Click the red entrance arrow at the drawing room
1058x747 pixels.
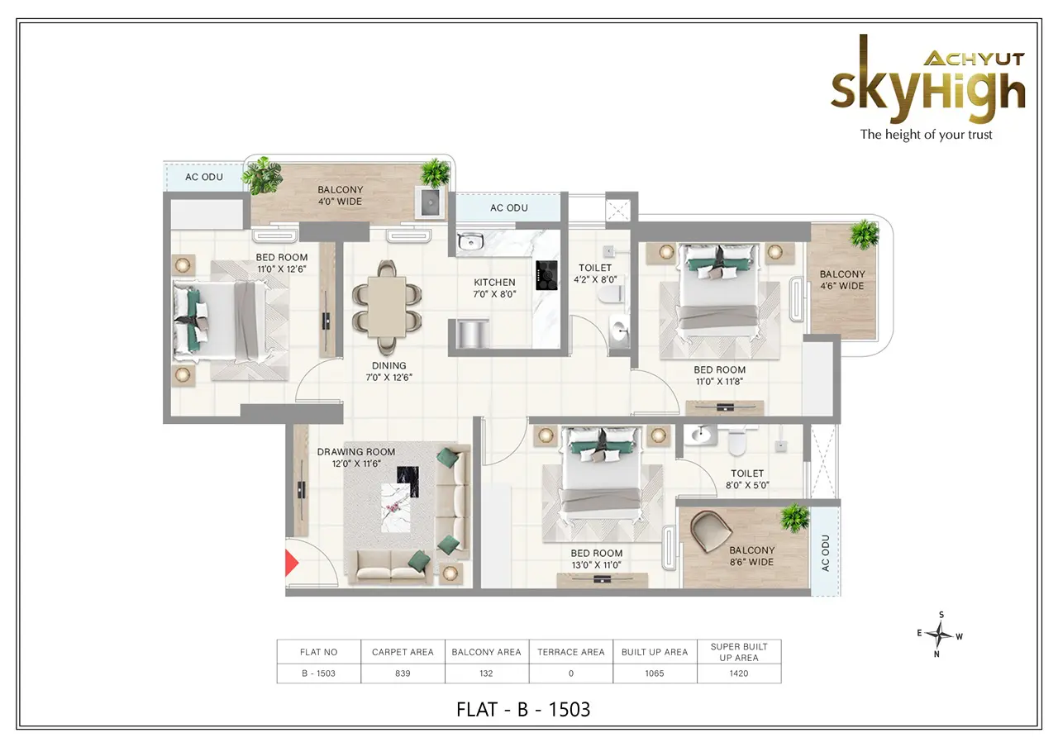pos(291,563)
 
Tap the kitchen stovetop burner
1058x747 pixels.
pos(546,275)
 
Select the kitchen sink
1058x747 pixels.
pos(470,242)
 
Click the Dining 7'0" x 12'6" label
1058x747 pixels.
pos(388,372)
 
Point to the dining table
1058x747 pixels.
pos(387,307)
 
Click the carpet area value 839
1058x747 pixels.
pos(403,673)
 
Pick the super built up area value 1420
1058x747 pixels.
pos(739,673)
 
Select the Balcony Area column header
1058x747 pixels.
pos(486,652)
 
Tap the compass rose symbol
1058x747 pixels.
pos(940,634)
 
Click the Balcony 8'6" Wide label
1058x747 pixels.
pos(751,556)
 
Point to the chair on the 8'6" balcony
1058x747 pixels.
pos(711,531)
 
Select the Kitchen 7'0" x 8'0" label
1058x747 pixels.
pos(494,288)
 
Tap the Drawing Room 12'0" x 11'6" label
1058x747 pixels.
pos(356,458)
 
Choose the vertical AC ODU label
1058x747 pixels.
pos(825,553)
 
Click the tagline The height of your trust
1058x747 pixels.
pos(927,135)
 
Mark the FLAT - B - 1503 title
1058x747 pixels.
pos(523,710)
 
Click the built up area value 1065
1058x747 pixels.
pos(655,673)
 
